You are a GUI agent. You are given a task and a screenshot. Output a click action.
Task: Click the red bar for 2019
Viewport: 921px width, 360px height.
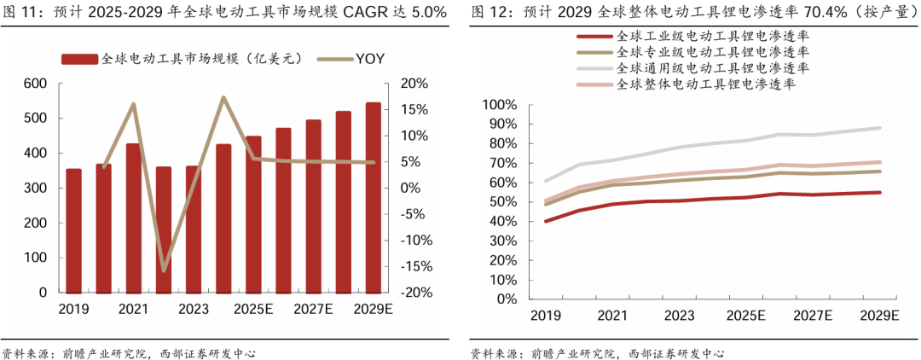pos(73,230)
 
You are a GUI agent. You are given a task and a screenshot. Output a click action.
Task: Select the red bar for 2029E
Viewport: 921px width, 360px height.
pos(374,197)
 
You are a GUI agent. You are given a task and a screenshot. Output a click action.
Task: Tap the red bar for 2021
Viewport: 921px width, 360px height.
pos(134,218)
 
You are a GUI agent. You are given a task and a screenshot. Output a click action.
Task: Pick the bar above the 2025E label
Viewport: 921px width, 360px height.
pos(253,213)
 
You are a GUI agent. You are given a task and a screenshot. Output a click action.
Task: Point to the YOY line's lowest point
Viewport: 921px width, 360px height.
pos(164,271)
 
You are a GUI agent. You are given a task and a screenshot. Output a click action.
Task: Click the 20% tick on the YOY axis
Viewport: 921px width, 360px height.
pos(412,84)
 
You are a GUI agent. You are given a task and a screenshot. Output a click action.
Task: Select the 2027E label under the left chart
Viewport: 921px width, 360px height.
pos(314,308)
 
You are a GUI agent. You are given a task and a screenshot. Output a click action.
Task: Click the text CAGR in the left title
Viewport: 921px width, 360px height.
pos(367,12)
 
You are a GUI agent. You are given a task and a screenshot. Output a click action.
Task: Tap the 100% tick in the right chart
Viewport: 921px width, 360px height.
pos(499,105)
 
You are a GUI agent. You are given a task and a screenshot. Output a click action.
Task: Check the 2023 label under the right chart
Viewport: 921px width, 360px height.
pos(679,316)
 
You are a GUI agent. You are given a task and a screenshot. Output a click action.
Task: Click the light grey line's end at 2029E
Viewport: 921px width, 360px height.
pos(880,128)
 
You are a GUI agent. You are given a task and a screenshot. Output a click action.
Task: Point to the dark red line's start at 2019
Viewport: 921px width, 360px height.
pos(546,221)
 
